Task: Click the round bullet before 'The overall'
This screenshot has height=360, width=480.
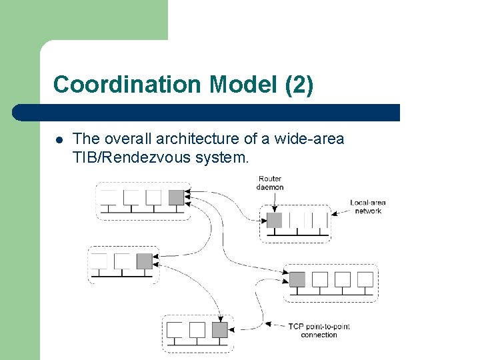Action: tap(59, 140)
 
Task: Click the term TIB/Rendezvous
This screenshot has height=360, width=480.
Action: tap(133, 158)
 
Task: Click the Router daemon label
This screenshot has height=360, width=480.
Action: tap(269, 183)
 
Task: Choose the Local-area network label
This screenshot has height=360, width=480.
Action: tap(368, 207)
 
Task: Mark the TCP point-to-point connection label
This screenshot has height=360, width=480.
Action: tap(319, 331)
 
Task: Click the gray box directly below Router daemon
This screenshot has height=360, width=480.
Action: tap(274, 220)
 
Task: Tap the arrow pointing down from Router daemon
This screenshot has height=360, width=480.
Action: tap(271, 202)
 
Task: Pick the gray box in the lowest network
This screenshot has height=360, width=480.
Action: tap(219, 329)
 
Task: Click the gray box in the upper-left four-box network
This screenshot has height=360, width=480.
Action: tap(176, 197)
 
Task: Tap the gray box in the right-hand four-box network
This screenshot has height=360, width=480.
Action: tap(297, 279)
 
